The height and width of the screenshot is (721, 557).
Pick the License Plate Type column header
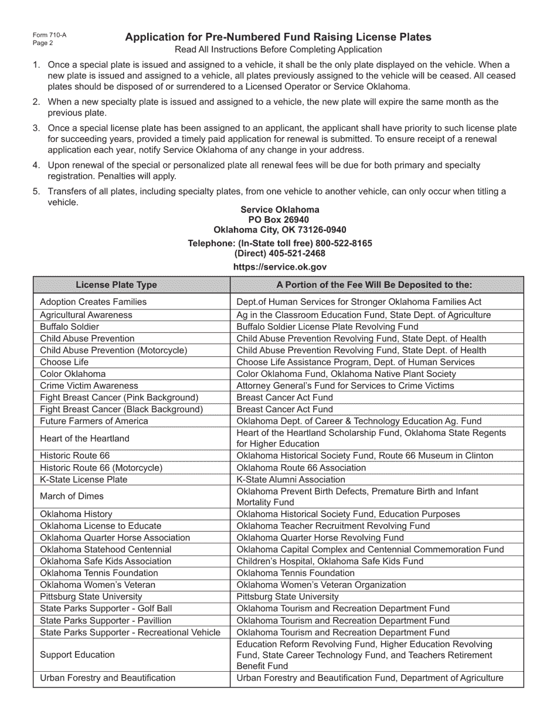(x=116, y=285)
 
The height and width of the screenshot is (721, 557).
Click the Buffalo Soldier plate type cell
(x=69, y=327)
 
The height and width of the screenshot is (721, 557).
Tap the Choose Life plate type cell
(x=64, y=362)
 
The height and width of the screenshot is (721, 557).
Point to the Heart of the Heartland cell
(x=84, y=438)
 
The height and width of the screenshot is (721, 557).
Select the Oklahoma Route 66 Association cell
(x=301, y=468)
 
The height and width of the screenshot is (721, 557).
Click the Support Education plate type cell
(x=77, y=655)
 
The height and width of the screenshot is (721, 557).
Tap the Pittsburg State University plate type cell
(x=91, y=596)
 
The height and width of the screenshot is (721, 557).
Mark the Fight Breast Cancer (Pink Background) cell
(x=119, y=397)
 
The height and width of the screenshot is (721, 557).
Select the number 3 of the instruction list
(x=36, y=128)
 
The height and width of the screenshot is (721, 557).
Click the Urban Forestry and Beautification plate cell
(x=107, y=678)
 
